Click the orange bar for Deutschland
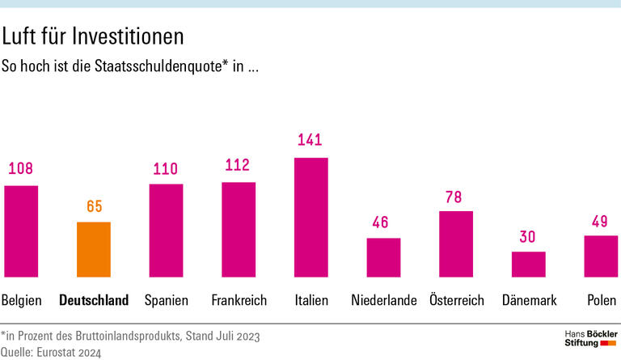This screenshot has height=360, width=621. pyautogui.click(x=93, y=249)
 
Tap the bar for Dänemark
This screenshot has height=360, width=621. pyautogui.click(x=528, y=264)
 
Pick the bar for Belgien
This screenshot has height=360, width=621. pyautogui.click(x=21, y=231)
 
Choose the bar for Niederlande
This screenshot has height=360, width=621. pyautogui.click(x=383, y=257)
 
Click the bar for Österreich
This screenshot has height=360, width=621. pyautogui.click(x=456, y=244)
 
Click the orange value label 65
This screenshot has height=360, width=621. pyautogui.click(x=94, y=206)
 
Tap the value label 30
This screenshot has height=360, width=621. pyautogui.click(x=529, y=236)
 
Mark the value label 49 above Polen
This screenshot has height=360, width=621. pyautogui.click(x=601, y=220)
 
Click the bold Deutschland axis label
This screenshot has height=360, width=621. pyautogui.click(x=94, y=300)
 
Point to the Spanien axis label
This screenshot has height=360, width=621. pyautogui.click(x=166, y=300)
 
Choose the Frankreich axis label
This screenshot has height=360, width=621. pyautogui.click(x=239, y=300)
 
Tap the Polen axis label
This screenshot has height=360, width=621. pyautogui.click(x=601, y=300)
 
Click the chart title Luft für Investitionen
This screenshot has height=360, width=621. pyautogui.click(x=93, y=36)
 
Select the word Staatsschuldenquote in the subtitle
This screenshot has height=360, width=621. pyautogui.click(x=163, y=67)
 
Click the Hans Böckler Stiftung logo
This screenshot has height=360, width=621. pyautogui.click(x=589, y=338)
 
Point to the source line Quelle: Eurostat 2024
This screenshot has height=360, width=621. pyautogui.click(x=52, y=352)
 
